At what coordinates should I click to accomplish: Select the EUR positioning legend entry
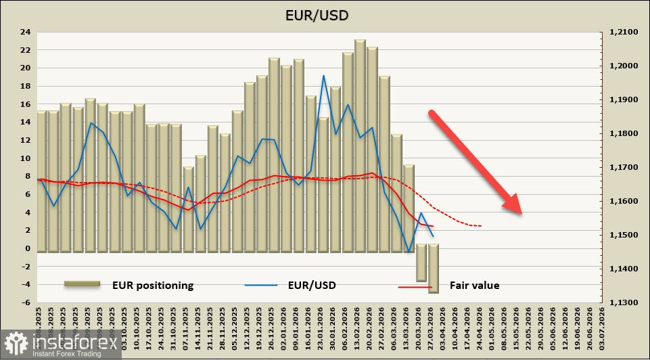[152, 286]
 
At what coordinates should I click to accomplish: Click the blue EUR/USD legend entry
[311, 285]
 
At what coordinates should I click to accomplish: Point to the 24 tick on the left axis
[25, 32]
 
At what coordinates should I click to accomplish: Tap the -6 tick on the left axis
[25, 302]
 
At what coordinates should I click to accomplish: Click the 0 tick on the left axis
[27, 248]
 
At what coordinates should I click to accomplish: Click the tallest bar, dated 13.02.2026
[360, 145]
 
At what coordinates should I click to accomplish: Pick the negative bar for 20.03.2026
[421, 263]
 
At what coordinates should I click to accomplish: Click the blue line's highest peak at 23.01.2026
[323, 76]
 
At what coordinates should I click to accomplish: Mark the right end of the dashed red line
[481, 225]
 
